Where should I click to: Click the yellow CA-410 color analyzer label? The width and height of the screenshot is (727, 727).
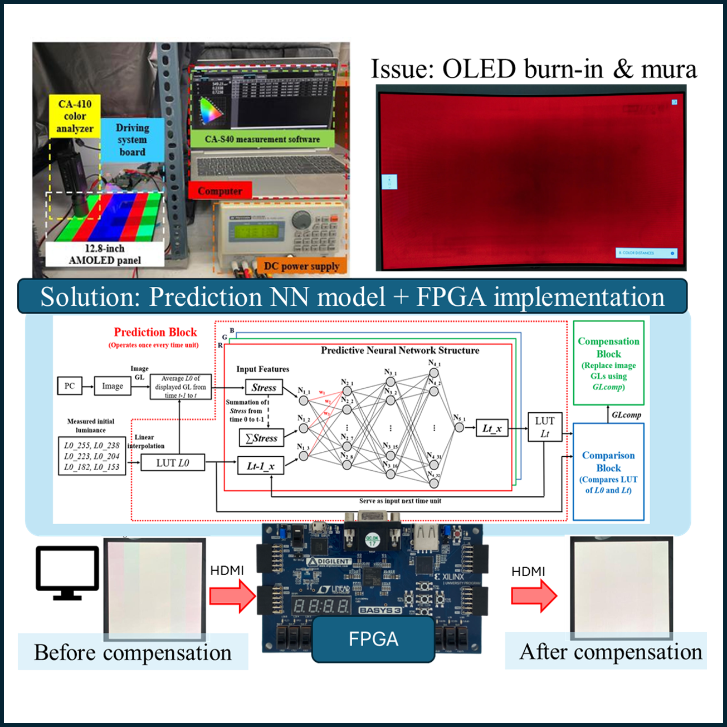[x=75, y=116]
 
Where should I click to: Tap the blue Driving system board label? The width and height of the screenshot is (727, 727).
[x=132, y=140]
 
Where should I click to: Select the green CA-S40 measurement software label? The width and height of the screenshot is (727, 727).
[x=262, y=139]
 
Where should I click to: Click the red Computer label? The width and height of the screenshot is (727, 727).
[x=219, y=191]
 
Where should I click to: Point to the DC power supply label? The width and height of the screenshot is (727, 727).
[x=301, y=266]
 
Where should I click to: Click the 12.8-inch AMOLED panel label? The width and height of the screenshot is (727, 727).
[x=105, y=255]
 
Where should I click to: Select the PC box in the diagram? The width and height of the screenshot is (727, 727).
[x=70, y=386]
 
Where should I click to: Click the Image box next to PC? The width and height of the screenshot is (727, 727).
[x=113, y=386]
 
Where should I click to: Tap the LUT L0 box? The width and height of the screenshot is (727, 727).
[x=172, y=462]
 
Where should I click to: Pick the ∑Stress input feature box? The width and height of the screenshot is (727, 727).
[x=261, y=438]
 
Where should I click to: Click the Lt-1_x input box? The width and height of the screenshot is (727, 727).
[x=261, y=466]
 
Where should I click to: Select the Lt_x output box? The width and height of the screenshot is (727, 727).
[x=492, y=428]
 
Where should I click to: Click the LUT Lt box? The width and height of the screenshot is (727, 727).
[x=544, y=427]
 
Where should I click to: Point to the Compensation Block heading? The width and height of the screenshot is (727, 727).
[x=608, y=348]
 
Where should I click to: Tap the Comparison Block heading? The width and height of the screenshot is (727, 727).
[x=608, y=462]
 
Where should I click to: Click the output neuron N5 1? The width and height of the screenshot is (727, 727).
[x=459, y=428]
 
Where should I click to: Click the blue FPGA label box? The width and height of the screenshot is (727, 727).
[x=373, y=639]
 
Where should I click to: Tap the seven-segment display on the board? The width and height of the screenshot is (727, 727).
[x=322, y=607]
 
